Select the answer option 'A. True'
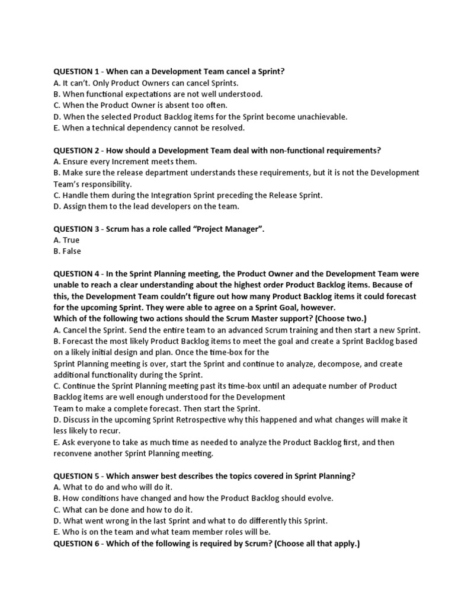tap(66, 240)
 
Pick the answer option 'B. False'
tap(67, 251)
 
